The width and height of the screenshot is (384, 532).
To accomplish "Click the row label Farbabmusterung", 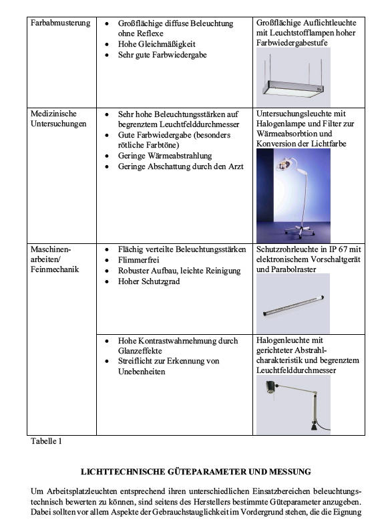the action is [60, 23].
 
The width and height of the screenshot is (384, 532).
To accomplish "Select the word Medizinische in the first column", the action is [53, 114].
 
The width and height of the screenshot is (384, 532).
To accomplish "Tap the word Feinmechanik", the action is [55, 269].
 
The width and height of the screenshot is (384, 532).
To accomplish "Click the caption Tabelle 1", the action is [46, 441].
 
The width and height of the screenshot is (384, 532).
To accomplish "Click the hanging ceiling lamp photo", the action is [293, 77].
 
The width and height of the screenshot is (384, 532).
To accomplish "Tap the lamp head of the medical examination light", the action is [284, 165].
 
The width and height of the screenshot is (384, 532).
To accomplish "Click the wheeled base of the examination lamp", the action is [300, 231].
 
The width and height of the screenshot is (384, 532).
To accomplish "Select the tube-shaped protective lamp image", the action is [293, 305].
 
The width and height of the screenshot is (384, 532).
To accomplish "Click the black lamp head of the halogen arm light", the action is [270, 387].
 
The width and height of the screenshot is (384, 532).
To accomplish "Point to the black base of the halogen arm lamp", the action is [314, 426].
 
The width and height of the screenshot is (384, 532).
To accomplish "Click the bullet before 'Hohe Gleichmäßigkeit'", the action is [107, 45].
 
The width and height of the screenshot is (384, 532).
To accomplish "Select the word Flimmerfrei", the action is [139, 260].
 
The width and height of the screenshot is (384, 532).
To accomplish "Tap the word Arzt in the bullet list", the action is [236, 166].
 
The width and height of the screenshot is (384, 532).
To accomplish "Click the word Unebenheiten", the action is [142, 372].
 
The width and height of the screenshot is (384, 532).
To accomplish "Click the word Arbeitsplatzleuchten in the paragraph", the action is [81, 491].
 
